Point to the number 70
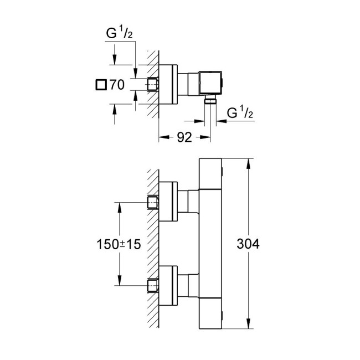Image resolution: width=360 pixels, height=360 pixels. click(116, 85)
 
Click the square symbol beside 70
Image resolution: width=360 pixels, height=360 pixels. click(100, 85)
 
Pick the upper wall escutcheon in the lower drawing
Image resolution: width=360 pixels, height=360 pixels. click(168, 202)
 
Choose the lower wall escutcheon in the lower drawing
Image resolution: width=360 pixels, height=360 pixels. click(168, 285)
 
